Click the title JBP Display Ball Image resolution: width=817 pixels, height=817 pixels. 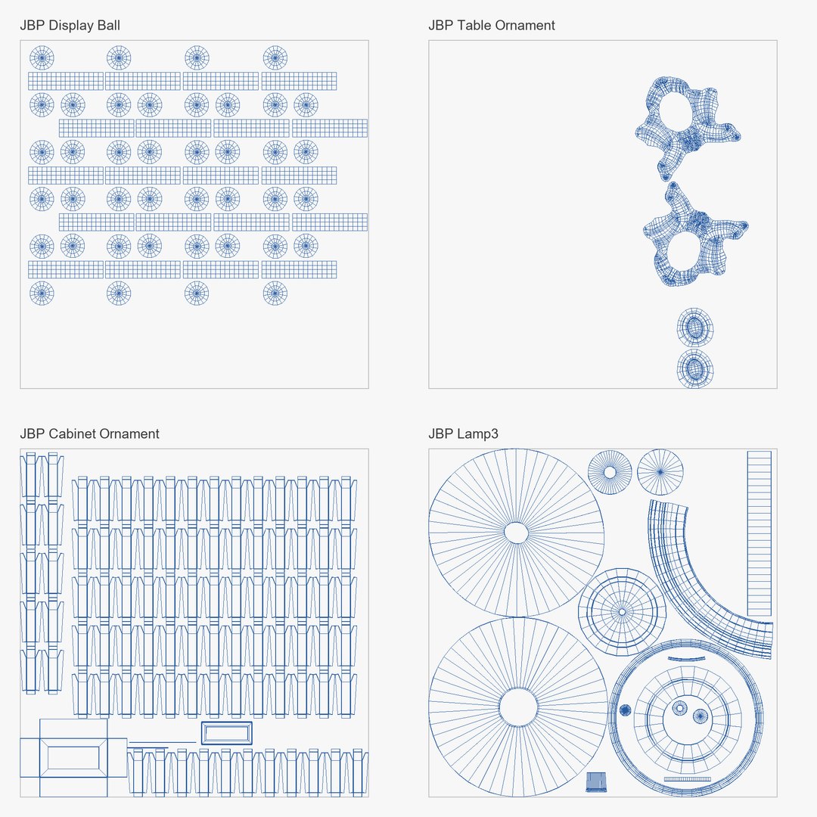[70, 26]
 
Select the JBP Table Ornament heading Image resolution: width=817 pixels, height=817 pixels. [492, 26]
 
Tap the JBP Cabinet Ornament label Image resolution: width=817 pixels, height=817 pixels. [89, 434]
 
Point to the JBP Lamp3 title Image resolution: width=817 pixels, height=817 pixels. [463, 434]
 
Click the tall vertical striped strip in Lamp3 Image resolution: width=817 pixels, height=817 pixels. [760, 533]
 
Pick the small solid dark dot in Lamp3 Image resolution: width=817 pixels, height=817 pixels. [626, 710]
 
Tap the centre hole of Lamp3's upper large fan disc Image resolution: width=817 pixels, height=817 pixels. [517, 533]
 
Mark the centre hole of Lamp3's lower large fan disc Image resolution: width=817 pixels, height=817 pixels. [518, 707]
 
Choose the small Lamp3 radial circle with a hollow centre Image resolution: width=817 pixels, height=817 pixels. [610, 472]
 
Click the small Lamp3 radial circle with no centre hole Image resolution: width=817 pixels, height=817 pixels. [660, 472]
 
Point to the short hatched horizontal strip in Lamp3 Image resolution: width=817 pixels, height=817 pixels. [687, 779]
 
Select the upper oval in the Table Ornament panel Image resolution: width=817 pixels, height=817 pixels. [695, 328]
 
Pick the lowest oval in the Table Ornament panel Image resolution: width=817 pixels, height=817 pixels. [695, 369]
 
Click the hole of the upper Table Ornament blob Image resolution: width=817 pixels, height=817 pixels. [676, 111]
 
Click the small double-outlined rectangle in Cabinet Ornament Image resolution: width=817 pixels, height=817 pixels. [227, 733]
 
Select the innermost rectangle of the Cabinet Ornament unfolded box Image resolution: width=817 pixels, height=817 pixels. [73, 757]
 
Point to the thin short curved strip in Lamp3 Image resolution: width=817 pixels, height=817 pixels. [686, 660]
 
